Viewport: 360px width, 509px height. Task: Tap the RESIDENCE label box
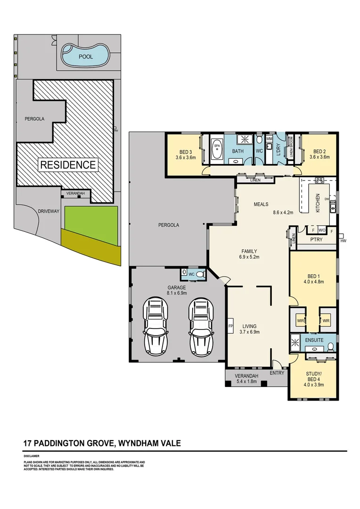point(68,165)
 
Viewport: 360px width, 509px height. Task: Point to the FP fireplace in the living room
point(231,326)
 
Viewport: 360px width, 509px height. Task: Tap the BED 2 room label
point(319,152)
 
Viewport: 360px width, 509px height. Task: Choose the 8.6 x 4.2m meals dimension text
point(283,213)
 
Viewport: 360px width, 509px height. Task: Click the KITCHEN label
point(318,203)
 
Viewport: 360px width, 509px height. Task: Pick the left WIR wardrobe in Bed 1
point(300,320)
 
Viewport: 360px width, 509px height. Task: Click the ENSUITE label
point(314,340)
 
